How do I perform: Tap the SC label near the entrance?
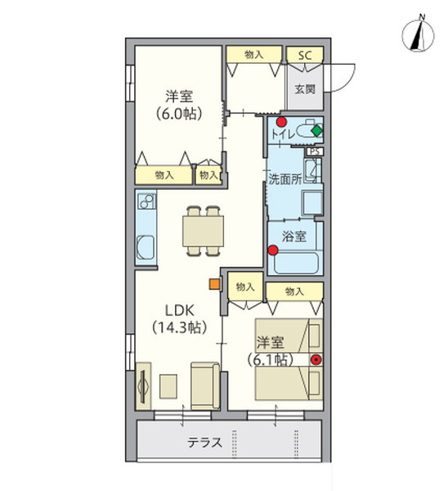(x=304, y=55)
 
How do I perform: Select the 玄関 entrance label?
(x=305, y=88)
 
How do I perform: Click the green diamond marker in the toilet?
(x=317, y=129)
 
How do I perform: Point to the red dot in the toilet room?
(x=281, y=123)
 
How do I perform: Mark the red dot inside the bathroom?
(x=275, y=252)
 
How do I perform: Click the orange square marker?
(x=214, y=284)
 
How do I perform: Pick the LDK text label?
(x=179, y=311)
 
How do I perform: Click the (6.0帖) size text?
(x=178, y=112)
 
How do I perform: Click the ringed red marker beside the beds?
(x=316, y=358)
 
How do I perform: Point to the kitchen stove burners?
(x=146, y=202)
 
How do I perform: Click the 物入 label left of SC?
(x=253, y=55)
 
